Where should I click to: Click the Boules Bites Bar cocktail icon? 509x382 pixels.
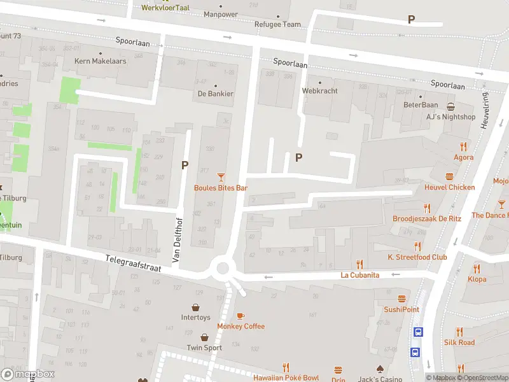coord(221,176)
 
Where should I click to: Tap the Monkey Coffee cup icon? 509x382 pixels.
coord(241,316)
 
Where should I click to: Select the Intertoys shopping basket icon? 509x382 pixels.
coord(196,306)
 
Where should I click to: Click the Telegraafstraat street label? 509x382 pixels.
coord(133,262)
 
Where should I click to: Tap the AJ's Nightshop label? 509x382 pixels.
coord(450,117)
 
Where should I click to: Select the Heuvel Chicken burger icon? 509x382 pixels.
coord(450,176)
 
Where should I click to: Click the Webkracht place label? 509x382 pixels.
coord(319,90)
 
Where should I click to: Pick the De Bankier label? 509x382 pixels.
coord(215,94)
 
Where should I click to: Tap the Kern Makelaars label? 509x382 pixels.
coord(101,61)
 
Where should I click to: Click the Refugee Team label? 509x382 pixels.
coord(277,25)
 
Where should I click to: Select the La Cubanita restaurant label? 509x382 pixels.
coord(360,275)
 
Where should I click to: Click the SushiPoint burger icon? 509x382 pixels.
coord(401,299)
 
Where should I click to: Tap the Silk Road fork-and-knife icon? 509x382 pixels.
coord(459,332)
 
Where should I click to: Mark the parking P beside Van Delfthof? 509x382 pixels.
coord(185,165)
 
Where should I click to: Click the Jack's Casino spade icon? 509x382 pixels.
coord(380,369)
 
